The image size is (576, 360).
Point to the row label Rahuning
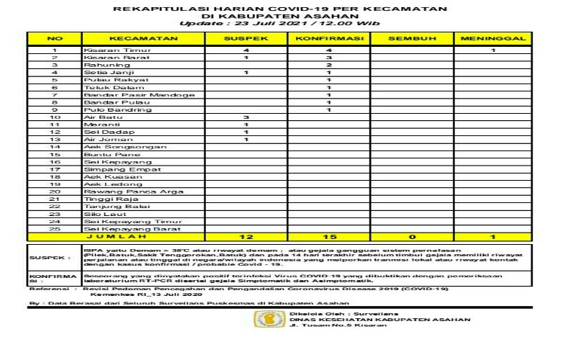point(101,65)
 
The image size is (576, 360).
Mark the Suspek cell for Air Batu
point(246,117)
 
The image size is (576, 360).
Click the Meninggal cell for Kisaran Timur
point(493,50)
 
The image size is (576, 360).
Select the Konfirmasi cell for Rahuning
point(328,65)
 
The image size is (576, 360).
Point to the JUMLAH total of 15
point(328,236)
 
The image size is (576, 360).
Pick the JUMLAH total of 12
point(246,236)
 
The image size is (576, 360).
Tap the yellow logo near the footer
point(271,319)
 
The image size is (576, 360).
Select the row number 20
point(54,192)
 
